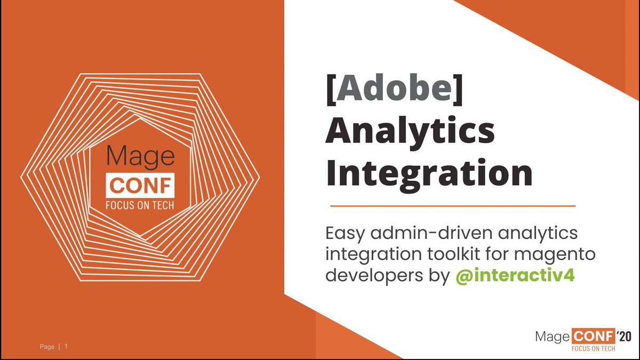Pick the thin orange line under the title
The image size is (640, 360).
[x=453, y=205]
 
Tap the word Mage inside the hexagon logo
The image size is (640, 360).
[x=141, y=157]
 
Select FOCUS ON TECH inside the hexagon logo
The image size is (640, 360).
[x=141, y=205]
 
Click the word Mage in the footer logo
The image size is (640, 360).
[x=553, y=336]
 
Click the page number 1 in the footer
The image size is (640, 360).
[x=66, y=347]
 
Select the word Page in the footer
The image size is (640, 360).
[x=47, y=347]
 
